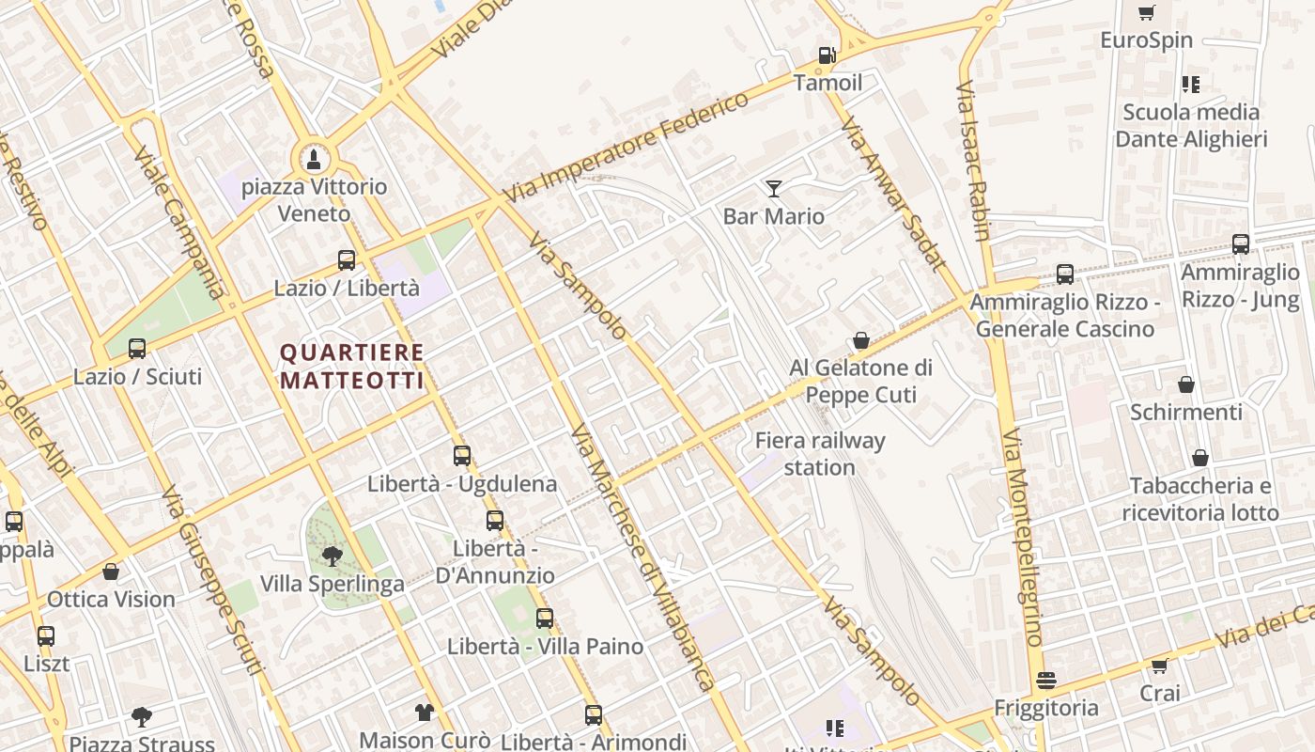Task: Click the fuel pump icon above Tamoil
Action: coord(827,55)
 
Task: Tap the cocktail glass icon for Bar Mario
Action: coord(773,189)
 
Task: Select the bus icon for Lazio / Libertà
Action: coord(347,259)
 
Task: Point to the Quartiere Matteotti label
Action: coord(352,367)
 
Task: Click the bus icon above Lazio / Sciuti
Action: coord(137,349)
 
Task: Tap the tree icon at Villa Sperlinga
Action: coord(331,556)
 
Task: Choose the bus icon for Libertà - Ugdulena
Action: coord(462,456)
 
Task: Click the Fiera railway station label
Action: coord(820,453)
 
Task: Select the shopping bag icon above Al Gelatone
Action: coord(861,340)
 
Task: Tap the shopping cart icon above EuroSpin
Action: coord(1146,12)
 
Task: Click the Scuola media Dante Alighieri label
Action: coord(1191,125)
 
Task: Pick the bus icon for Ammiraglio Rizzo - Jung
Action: coord(1241,244)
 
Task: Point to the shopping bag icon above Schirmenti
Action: coord(1186,384)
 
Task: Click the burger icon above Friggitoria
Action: coord(1046,681)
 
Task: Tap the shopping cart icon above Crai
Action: coord(1160,666)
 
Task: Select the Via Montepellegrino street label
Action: coord(1022,539)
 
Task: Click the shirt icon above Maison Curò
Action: coord(424,713)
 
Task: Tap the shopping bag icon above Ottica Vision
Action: coord(111,572)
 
